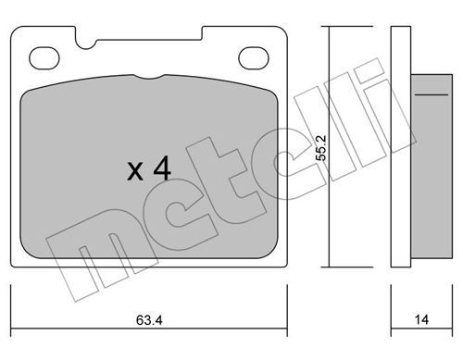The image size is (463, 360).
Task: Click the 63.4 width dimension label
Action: click(149, 320)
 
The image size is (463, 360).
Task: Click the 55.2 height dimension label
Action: click(321, 148)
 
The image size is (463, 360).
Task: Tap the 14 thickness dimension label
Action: click(421, 319)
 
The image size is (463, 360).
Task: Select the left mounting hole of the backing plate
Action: click(44, 58)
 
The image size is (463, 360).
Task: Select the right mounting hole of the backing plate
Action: click(254, 58)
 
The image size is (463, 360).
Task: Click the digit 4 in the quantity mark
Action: click(162, 168)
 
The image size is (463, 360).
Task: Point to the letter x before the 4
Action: click(135, 172)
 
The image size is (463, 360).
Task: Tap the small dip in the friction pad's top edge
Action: click(149, 77)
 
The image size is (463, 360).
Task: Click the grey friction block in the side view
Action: click(432, 167)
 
